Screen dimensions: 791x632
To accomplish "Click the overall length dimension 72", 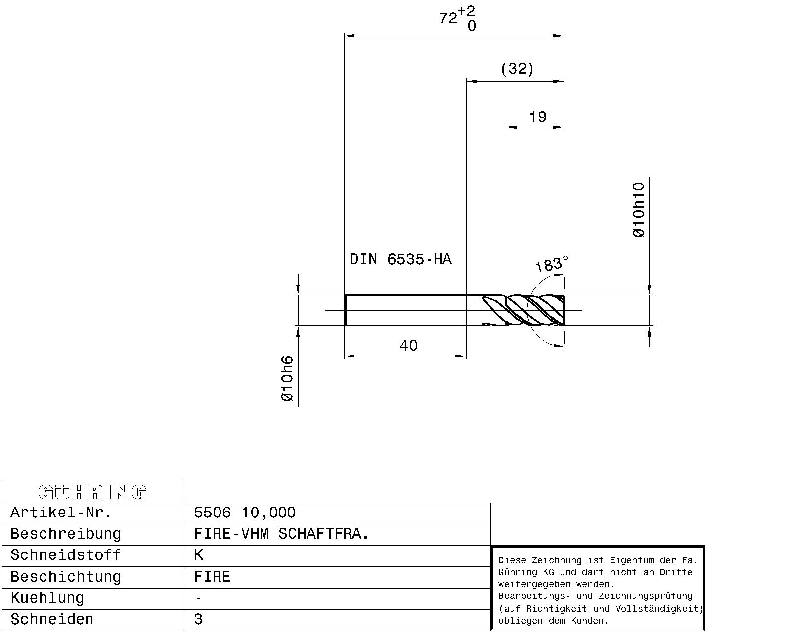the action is pos(448,18).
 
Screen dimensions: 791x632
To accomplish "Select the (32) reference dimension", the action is pos(517,69).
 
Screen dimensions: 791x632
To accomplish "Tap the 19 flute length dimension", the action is pos(538,117).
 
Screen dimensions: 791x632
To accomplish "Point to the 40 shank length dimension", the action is pos(409,346).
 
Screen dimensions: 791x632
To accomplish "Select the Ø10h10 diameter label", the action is pos(639,210).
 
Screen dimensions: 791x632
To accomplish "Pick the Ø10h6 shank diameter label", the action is pos(287,379).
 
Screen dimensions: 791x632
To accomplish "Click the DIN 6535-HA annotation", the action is pos(400,259).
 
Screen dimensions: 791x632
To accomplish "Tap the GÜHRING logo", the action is pos(92,492).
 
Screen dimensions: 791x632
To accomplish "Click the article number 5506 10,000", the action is pos(245,513).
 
